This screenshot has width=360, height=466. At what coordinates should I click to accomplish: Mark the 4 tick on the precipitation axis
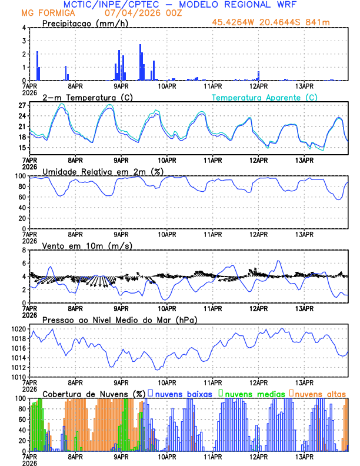point(24,28)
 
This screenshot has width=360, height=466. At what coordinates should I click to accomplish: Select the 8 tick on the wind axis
point(24,250)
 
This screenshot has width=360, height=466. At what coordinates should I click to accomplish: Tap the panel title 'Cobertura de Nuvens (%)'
point(94,394)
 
